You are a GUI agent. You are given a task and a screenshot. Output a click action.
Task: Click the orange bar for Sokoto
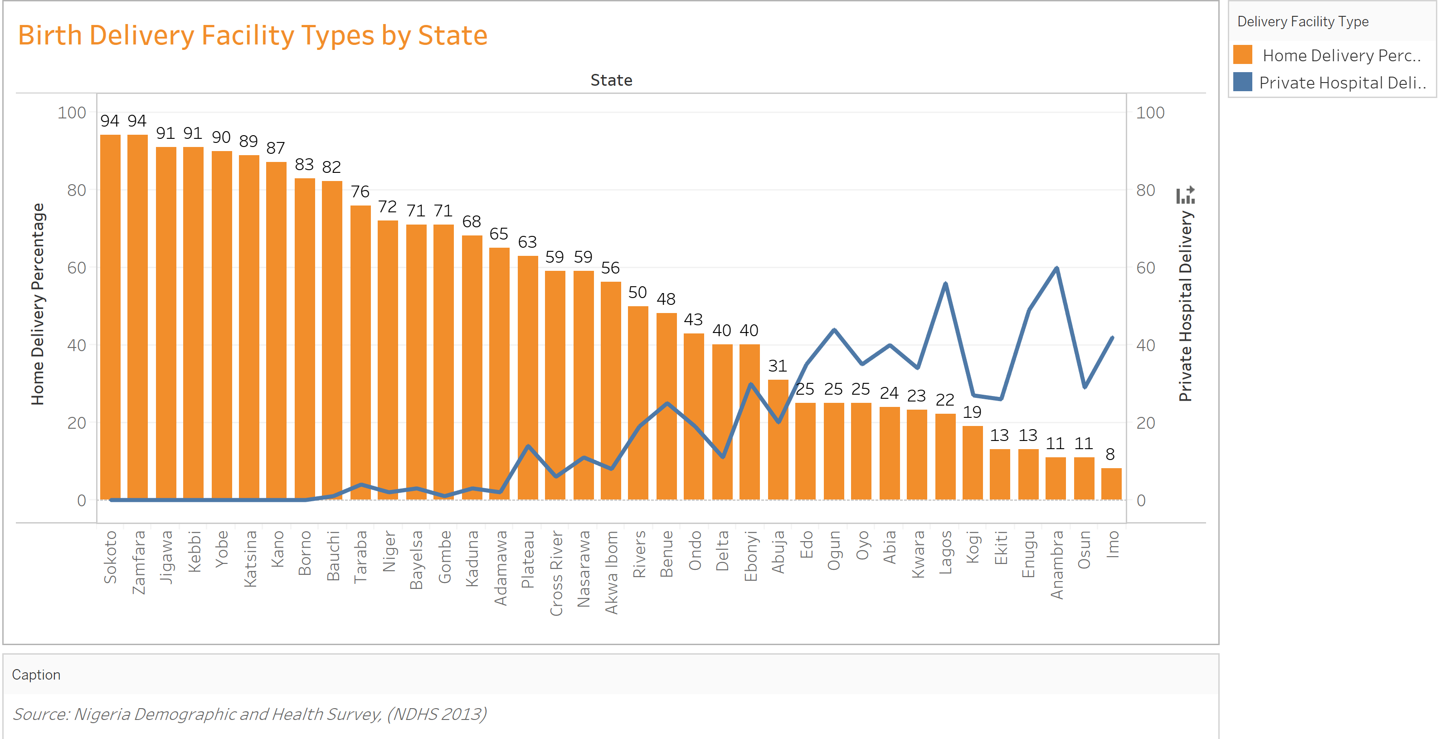(111, 317)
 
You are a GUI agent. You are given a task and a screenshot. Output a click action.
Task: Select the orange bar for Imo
(1111, 484)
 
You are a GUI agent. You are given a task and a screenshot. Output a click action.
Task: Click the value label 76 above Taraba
(360, 192)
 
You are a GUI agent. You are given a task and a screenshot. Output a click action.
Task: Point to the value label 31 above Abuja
(778, 366)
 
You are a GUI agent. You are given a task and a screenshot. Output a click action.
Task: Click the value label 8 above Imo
(1110, 454)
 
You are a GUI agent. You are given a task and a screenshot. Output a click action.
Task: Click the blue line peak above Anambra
(1057, 268)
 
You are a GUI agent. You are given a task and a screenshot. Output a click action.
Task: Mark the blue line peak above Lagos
(946, 284)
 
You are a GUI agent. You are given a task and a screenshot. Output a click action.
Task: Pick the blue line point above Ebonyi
(750, 384)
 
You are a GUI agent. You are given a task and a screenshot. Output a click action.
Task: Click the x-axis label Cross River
(556, 573)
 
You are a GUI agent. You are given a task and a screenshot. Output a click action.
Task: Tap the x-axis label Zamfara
(139, 562)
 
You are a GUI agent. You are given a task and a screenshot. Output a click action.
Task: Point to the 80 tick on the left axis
(77, 190)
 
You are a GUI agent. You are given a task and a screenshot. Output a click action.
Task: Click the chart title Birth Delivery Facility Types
(253, 35)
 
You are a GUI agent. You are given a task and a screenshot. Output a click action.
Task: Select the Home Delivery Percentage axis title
(38, 303)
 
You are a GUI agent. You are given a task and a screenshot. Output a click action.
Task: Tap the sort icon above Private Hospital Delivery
(1185, 195)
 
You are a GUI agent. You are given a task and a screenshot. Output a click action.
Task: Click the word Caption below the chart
(36, 675)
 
